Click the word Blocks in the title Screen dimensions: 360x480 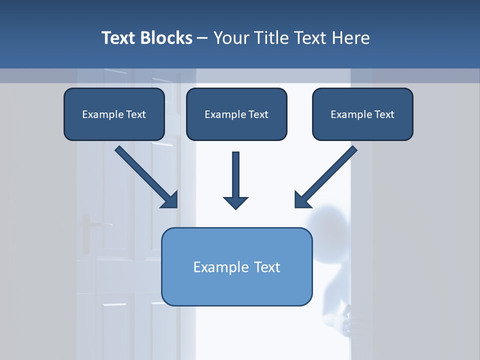pos(166,38)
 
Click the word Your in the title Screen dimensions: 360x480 pos(230,38)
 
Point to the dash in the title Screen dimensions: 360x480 pos(202,38)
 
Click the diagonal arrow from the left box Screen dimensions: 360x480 pos(145,176)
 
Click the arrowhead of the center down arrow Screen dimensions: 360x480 pos(236,202)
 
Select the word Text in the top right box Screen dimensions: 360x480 pos(384,114)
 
